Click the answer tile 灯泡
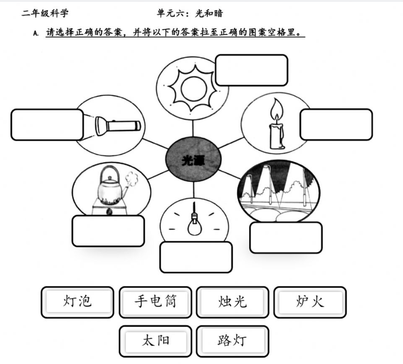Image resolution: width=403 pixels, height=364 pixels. [x=77, y=302]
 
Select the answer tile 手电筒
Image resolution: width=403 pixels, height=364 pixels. [x=155, y=302]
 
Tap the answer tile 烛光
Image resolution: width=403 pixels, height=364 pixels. [x=232, y=302]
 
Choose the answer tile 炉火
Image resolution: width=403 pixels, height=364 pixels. [x=310, y=302]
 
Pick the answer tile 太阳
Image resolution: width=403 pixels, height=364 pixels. [x=155, y=341]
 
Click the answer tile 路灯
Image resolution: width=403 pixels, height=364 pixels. [x=232, y=341]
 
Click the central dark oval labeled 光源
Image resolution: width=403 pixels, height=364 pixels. [x=193, y=159]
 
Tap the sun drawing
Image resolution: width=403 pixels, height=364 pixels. [x=193, y=88]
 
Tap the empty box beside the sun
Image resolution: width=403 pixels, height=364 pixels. [x=251, y=70]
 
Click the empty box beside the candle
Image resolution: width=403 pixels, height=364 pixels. [x=336, y=125]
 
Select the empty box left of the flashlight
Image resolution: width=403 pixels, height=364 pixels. [x=47, y=125]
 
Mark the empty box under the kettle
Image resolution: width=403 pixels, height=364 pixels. [x=108, y=231]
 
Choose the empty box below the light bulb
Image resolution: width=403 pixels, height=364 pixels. [x=196, y=257]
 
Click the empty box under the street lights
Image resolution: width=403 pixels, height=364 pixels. [x=286, y=237]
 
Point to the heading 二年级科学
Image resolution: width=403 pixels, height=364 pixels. [x=45, y=13]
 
